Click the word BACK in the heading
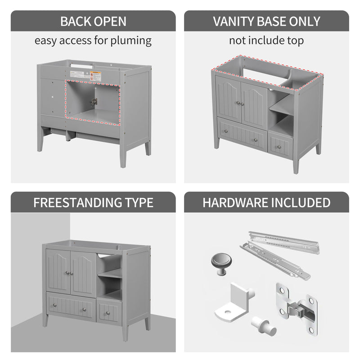(76, 21)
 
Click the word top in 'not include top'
(294, 40)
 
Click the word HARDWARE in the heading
(234, 202)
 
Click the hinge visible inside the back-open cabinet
(94, 101)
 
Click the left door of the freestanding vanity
(58, 271)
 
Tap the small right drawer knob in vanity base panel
(279, 147)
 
